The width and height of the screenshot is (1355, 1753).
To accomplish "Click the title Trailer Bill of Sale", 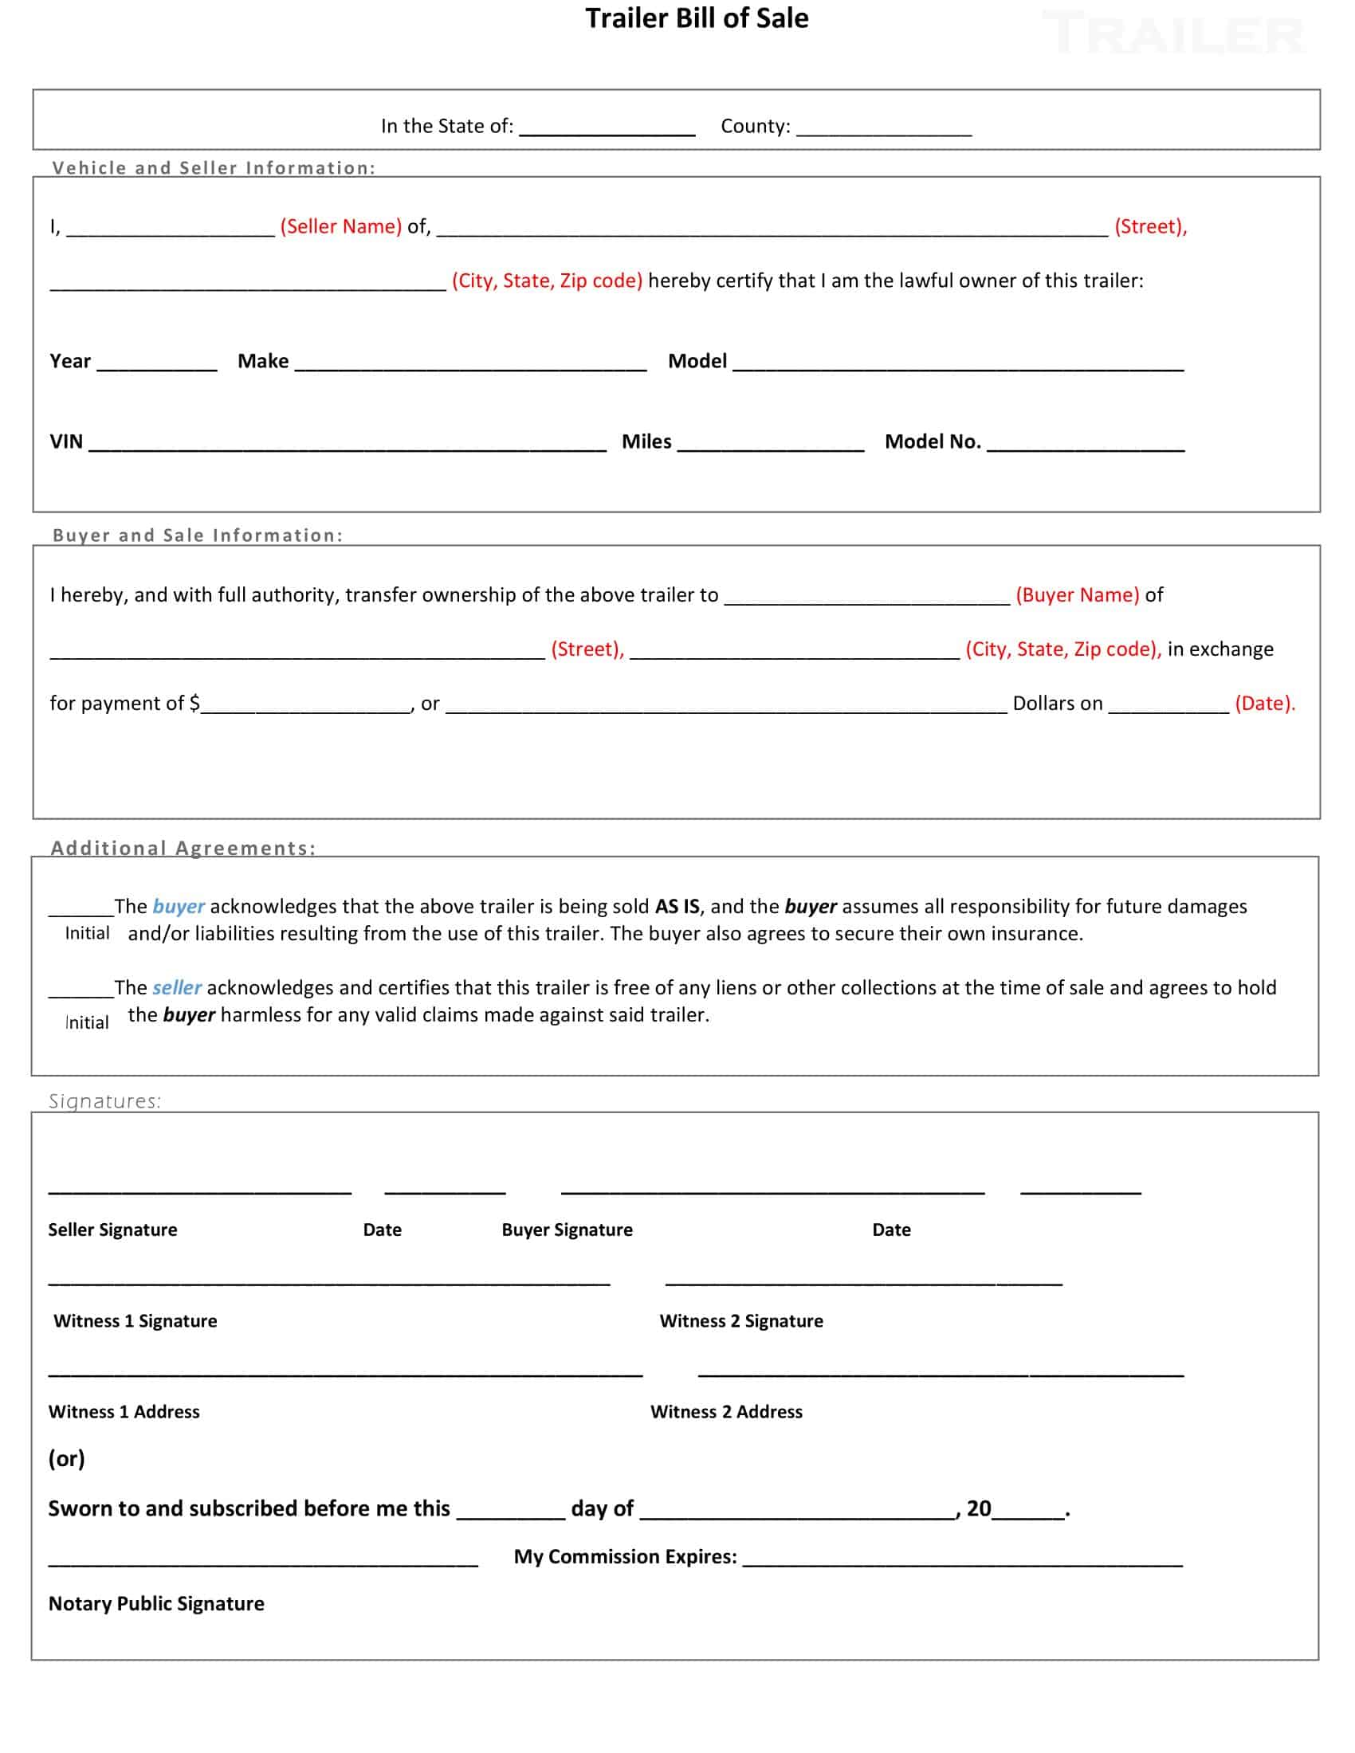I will (696, 18).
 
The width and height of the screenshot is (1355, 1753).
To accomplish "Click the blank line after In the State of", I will (607, 128).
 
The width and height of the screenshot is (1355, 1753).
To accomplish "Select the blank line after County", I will (884, 128).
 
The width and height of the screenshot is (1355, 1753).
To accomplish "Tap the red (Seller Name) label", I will (340, 226).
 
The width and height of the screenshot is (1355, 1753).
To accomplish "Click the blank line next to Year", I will (157, 363).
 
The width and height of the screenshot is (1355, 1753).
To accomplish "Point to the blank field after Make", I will (470, 363).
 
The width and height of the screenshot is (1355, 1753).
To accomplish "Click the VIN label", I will (66, 441).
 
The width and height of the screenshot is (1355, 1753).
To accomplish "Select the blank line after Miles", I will (771, 443).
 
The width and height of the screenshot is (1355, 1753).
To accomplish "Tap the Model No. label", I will (933, 441).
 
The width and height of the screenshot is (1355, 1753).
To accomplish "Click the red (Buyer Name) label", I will (1078, 594).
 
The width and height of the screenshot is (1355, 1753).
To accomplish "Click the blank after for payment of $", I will (306, 704).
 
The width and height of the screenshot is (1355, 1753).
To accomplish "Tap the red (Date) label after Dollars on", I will (1264, 704).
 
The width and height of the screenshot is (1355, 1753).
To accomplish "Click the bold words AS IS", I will (677, 906).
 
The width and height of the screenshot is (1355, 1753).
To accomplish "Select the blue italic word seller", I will (177, 987).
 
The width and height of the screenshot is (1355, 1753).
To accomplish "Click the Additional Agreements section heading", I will (183, 849).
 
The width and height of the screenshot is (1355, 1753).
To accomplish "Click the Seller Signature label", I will (112, 1229).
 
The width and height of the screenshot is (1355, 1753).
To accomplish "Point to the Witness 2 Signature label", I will (741, 1321).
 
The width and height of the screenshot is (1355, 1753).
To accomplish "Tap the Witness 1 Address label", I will (124, 1412).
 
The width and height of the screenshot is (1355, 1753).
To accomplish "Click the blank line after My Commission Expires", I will (963, 1559).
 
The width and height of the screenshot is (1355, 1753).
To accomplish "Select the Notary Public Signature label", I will (155, 1604).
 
